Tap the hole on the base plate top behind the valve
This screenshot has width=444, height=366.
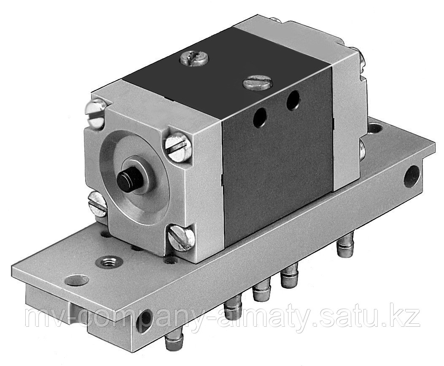[x=374, y=127]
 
